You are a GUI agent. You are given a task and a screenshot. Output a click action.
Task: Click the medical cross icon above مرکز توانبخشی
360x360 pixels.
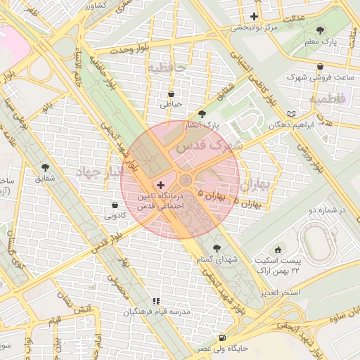(x=255, y=16)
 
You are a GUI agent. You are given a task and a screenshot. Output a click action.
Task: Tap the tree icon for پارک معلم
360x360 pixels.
(x=321, y=30)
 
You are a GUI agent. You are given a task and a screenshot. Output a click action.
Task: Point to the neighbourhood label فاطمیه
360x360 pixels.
(x=327, y=98)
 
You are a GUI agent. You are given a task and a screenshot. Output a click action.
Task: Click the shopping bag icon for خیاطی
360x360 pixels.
(x=172, y=93)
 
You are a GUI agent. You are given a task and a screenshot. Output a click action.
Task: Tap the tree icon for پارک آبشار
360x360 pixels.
(x=202, y=114)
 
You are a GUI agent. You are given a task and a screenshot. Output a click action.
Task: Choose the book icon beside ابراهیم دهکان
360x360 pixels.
(x=292, y=114)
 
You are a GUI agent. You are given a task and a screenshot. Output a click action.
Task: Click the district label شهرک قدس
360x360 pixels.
(x=208, y=146)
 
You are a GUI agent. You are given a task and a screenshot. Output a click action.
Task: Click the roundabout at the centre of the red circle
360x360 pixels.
(x=185, y=180)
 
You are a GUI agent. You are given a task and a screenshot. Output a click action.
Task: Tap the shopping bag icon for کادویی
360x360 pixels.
(x=115, y=205)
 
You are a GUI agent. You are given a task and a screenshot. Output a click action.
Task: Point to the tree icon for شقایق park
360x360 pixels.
(x=46, y=167)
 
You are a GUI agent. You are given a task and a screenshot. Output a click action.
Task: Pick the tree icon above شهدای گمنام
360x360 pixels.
(x=216, y=247)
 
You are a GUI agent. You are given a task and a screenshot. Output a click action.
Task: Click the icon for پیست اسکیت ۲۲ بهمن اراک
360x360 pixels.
(x=278, y=250)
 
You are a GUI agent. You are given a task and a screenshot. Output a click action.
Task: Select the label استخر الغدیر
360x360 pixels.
(x=280, y=292)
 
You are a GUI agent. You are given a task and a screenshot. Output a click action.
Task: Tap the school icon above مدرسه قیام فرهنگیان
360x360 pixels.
(x=156, y=301)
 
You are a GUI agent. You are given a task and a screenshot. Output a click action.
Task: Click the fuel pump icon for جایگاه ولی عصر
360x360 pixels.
(x=222, y=337)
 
